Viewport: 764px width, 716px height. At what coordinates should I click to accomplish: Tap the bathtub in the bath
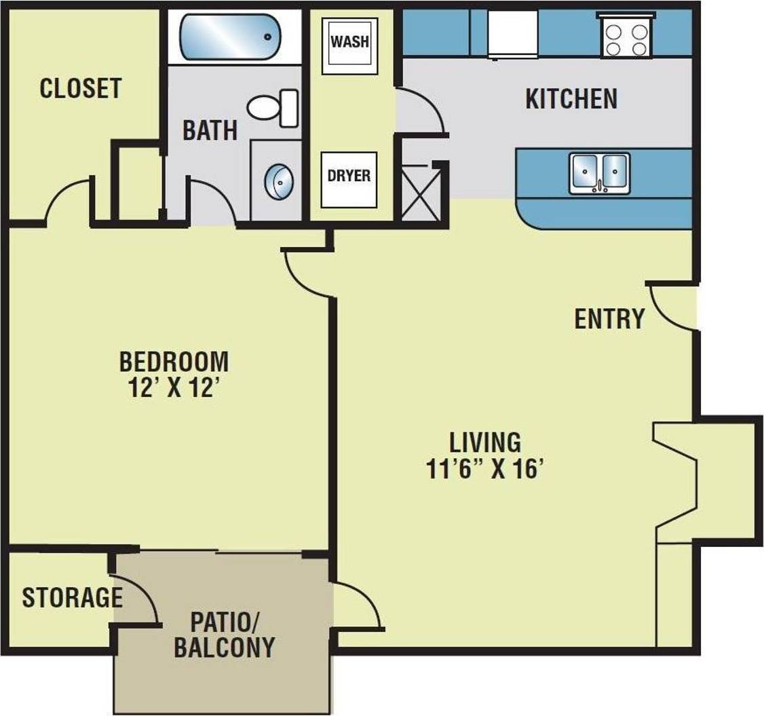pos(229,36)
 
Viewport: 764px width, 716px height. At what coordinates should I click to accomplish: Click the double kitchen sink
pos(600,172)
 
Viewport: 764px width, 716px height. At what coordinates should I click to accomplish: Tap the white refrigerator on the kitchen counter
pos(514,33)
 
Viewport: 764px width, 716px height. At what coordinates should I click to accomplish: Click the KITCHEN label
pos(571,99)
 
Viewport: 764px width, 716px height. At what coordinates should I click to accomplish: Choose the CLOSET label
pos(81,88)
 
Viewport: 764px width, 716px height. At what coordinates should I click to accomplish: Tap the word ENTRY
pos(609,318)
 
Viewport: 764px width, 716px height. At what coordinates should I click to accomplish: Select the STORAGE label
pos(72,597)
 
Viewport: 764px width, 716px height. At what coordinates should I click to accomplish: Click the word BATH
pos(210,130)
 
